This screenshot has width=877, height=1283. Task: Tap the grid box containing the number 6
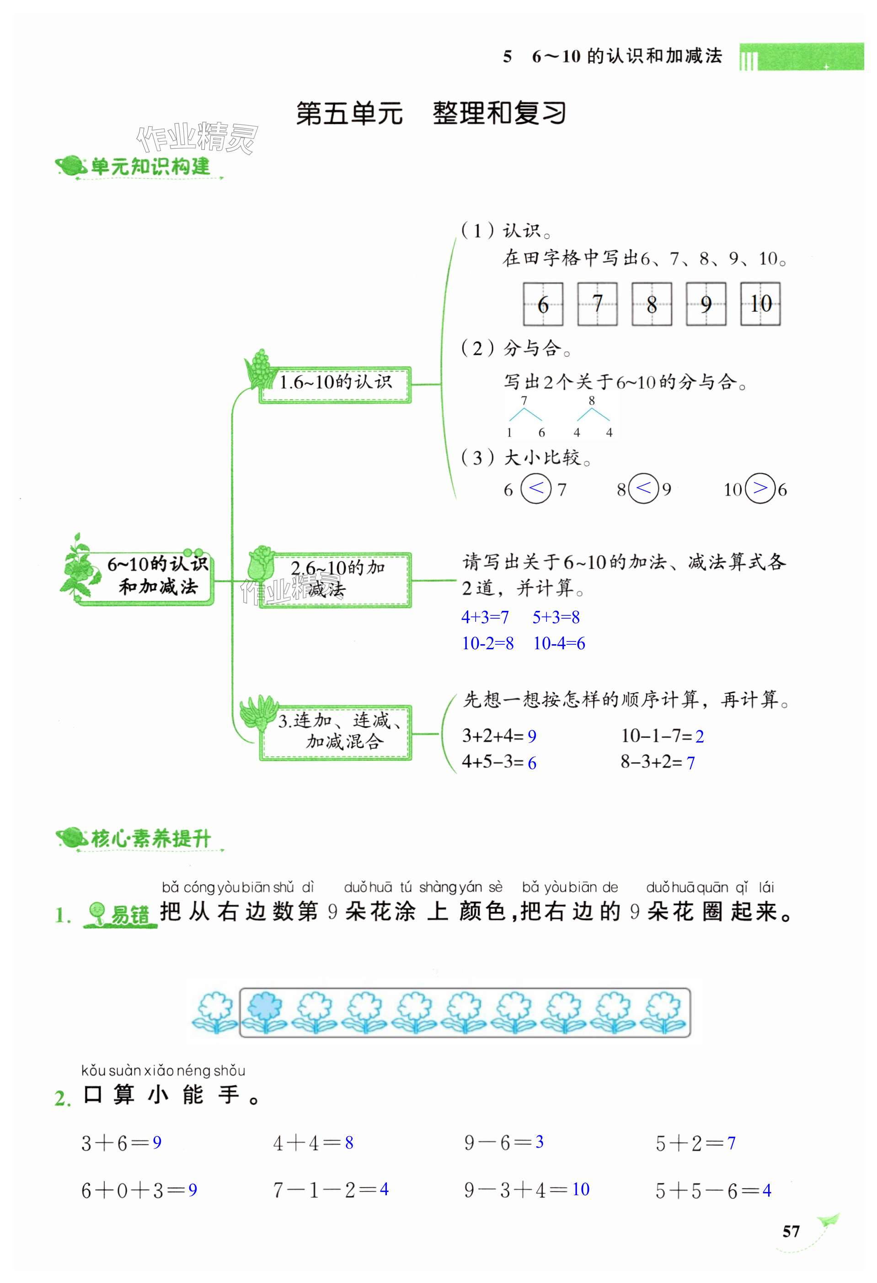tap(543, 304)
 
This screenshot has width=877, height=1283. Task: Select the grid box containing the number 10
tap(760, 304)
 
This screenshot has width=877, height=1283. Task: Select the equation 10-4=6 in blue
tap(559, 643)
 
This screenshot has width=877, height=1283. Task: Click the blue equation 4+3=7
tap(485, 617)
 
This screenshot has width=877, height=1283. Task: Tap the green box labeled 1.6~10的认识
tap(335, 383)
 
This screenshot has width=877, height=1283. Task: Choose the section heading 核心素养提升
tap(149, 839)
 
